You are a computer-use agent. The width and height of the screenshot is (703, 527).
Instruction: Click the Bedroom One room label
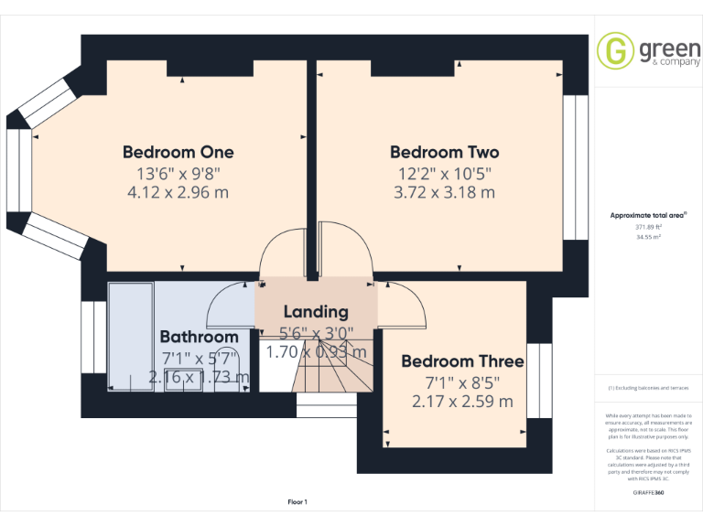(x=178, y=152)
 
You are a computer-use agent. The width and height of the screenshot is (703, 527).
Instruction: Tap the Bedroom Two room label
(x=445, y=152)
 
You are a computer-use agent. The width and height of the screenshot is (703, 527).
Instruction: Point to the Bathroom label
(x=199, y=338)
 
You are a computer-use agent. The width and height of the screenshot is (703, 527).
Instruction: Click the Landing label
(x=316, y=312)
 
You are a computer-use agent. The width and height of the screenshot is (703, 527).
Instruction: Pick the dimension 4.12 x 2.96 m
(x=178, y=192)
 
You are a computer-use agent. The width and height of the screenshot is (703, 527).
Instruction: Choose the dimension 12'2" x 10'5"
(x=445, y=173)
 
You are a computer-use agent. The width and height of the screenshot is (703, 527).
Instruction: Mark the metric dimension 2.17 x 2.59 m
(x=462, y=401)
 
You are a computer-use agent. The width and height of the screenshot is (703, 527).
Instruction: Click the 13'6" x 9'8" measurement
(x=178, y=173)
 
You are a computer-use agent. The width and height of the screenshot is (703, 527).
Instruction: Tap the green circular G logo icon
(x=615, y=51)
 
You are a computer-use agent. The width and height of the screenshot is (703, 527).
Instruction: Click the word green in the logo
(x=670, y=48)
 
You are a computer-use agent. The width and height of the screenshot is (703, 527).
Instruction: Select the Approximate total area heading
(x=648, y=216)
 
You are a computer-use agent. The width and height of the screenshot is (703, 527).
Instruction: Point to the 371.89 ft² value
(x=648, y=226)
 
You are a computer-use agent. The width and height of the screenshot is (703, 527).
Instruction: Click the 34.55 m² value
(x=648, y=236)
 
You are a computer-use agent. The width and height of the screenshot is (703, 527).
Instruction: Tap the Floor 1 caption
(x=297, y=501)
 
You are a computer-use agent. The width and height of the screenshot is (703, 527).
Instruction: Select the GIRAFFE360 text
(x=648, y=492)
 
